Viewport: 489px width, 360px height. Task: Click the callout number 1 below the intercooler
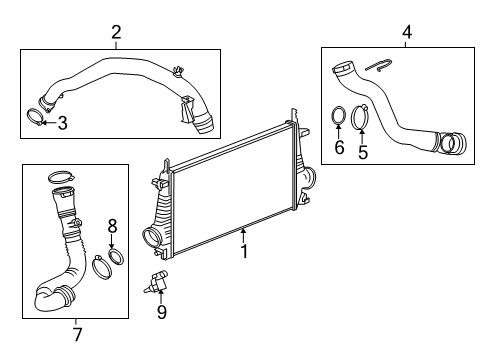click(242, 254)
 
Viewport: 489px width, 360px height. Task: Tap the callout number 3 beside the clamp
click(62, 124)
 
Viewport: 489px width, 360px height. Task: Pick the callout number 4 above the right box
click(405, 34)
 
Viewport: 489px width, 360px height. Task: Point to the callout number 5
click(364, 153)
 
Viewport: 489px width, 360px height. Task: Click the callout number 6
click(339, 147)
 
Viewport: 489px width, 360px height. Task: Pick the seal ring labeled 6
click(339, 118)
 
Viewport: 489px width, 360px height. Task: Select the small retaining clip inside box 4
click(376, 67)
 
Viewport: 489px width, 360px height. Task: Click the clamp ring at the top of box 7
click(59, 179)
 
